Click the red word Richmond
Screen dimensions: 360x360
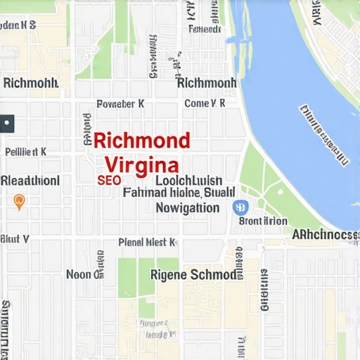click(x=141, y=139)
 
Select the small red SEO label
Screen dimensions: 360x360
click(x=109, y=180)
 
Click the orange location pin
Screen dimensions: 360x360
click(x=20, y=202)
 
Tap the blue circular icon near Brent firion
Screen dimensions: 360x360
click(x=239, y=207)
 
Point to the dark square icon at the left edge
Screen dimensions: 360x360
click(x=6, y=123)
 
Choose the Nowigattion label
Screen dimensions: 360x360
click(x=187, y=207)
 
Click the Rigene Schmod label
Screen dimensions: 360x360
click(x=194, y=274)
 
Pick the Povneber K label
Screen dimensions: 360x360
click(x=120, y=103)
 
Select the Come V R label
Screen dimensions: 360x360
click(x=204, y=103)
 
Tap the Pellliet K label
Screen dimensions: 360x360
click(x=25, y=150)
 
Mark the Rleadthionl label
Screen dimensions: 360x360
click(x=30, y=181)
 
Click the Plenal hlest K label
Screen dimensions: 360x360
click(x=146, y=243)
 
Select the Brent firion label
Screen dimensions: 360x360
click(x=263, y=221)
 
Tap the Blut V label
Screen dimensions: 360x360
click(x=15, y=238)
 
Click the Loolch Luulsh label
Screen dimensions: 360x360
click(x=188, y=180)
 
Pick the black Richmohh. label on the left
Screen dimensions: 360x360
click(x=31, y=83)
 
